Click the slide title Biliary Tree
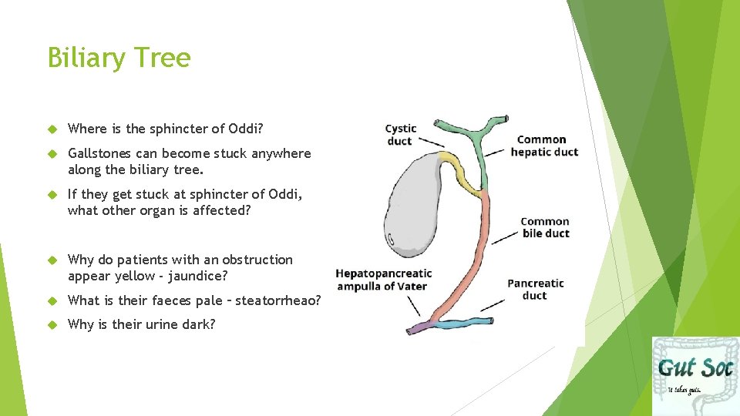(x=119, y=58)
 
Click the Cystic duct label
(x=401, y=134)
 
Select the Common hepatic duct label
(x=543, y=146)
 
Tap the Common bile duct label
(x=545, y=227)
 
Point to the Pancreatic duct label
(x=535, y=289)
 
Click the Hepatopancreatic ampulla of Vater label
(x=383, y=280)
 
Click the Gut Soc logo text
(x=694, y=367)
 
